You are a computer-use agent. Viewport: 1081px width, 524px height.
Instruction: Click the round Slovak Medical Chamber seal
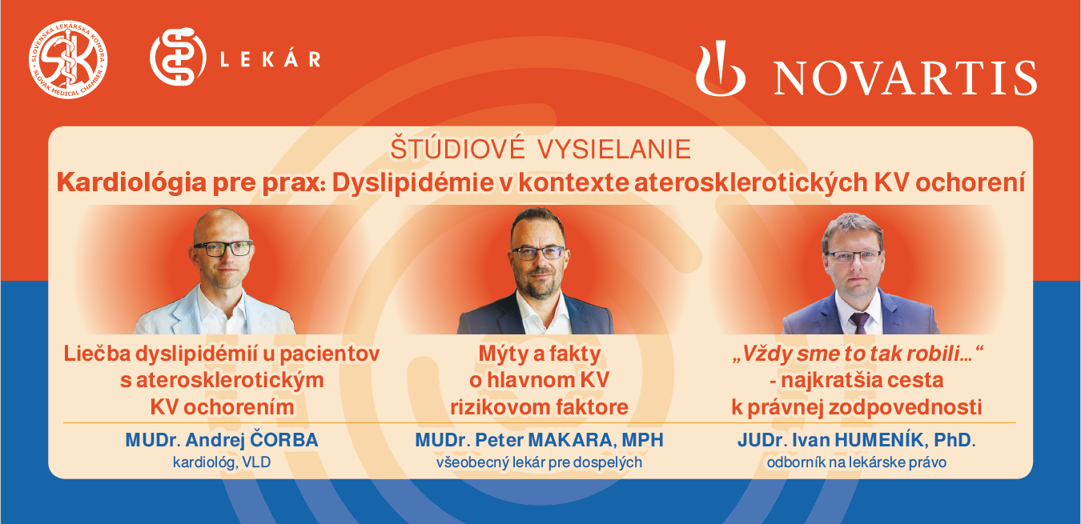pos(68,60)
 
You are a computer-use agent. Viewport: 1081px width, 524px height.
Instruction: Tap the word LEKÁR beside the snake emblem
pos(271,59)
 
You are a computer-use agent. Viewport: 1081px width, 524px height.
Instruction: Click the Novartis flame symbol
pos(720,69)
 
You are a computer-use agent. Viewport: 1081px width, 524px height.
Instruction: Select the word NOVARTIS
pos(906,78)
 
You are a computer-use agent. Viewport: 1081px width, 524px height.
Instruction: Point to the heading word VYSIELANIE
pos(615,149)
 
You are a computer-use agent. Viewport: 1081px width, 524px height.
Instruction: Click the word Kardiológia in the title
pos(131,183)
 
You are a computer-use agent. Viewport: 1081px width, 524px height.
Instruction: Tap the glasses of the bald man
pos(223,248)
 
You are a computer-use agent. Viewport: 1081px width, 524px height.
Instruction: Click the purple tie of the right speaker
pos(859,322)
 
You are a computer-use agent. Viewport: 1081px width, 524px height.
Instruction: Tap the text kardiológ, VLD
pos(222,462)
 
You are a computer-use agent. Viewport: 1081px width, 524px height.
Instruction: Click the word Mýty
pos(503,354)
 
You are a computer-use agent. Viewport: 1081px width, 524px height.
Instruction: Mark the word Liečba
pos(97,354)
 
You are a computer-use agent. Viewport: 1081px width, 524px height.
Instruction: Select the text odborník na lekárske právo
pos(857,462)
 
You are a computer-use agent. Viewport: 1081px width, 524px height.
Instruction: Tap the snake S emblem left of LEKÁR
pos(178,57)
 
